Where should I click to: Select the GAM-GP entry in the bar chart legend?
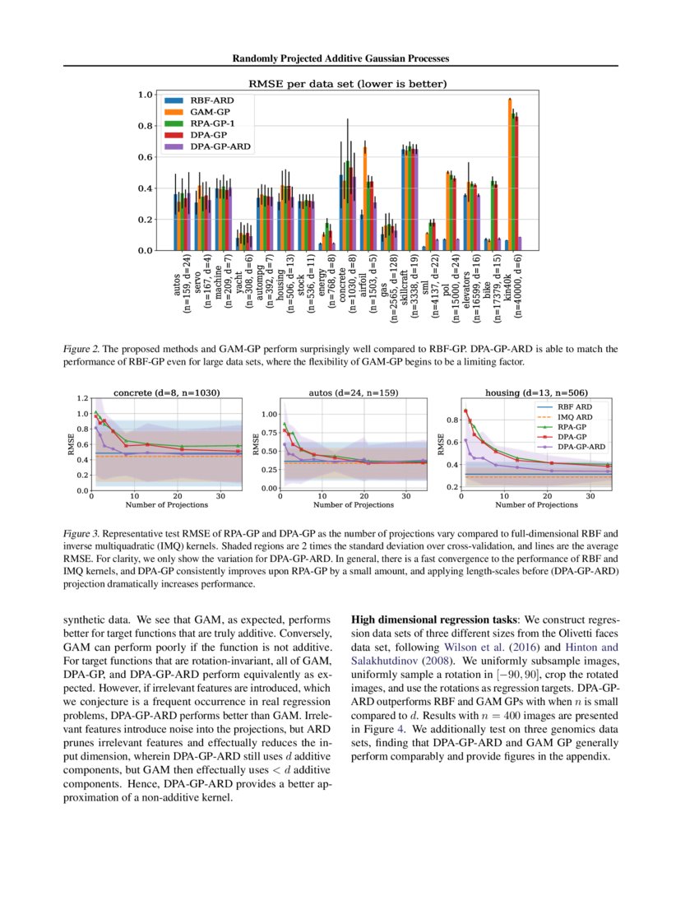pos(209,110)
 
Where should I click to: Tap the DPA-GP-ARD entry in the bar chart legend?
pos(220,146)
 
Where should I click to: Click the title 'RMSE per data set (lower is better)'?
pos(348,83)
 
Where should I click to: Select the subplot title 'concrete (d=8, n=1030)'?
pos(167,392)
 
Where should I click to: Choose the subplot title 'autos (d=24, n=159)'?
pos(354,392)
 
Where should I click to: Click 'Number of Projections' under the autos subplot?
pos(354,504)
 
